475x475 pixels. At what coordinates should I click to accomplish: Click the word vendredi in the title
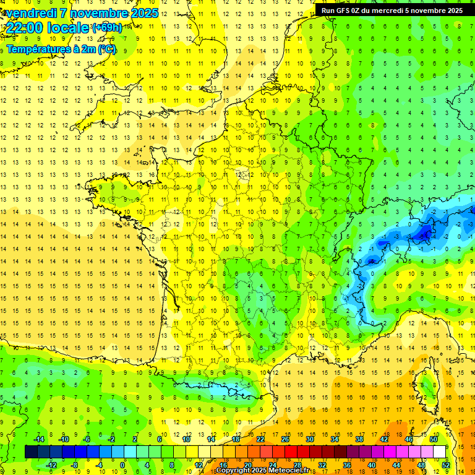tap(28, 13)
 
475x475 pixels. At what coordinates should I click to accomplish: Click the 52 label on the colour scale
tap(445, 465)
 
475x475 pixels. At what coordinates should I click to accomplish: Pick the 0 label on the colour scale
tap(122, 465)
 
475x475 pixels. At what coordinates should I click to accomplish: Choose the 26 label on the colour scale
tap(285, 439)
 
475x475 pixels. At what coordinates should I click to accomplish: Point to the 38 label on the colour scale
tap(359, 439)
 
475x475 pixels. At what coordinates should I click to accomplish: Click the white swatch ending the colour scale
tap(439, 452)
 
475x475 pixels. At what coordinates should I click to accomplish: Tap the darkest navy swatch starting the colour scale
tap(31, 452)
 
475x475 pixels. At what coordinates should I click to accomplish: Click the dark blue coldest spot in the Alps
tap(425, 233)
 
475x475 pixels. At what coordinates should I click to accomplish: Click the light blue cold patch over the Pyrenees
tap(234, 387)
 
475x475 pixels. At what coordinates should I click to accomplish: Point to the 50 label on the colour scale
tap(433, 439)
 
